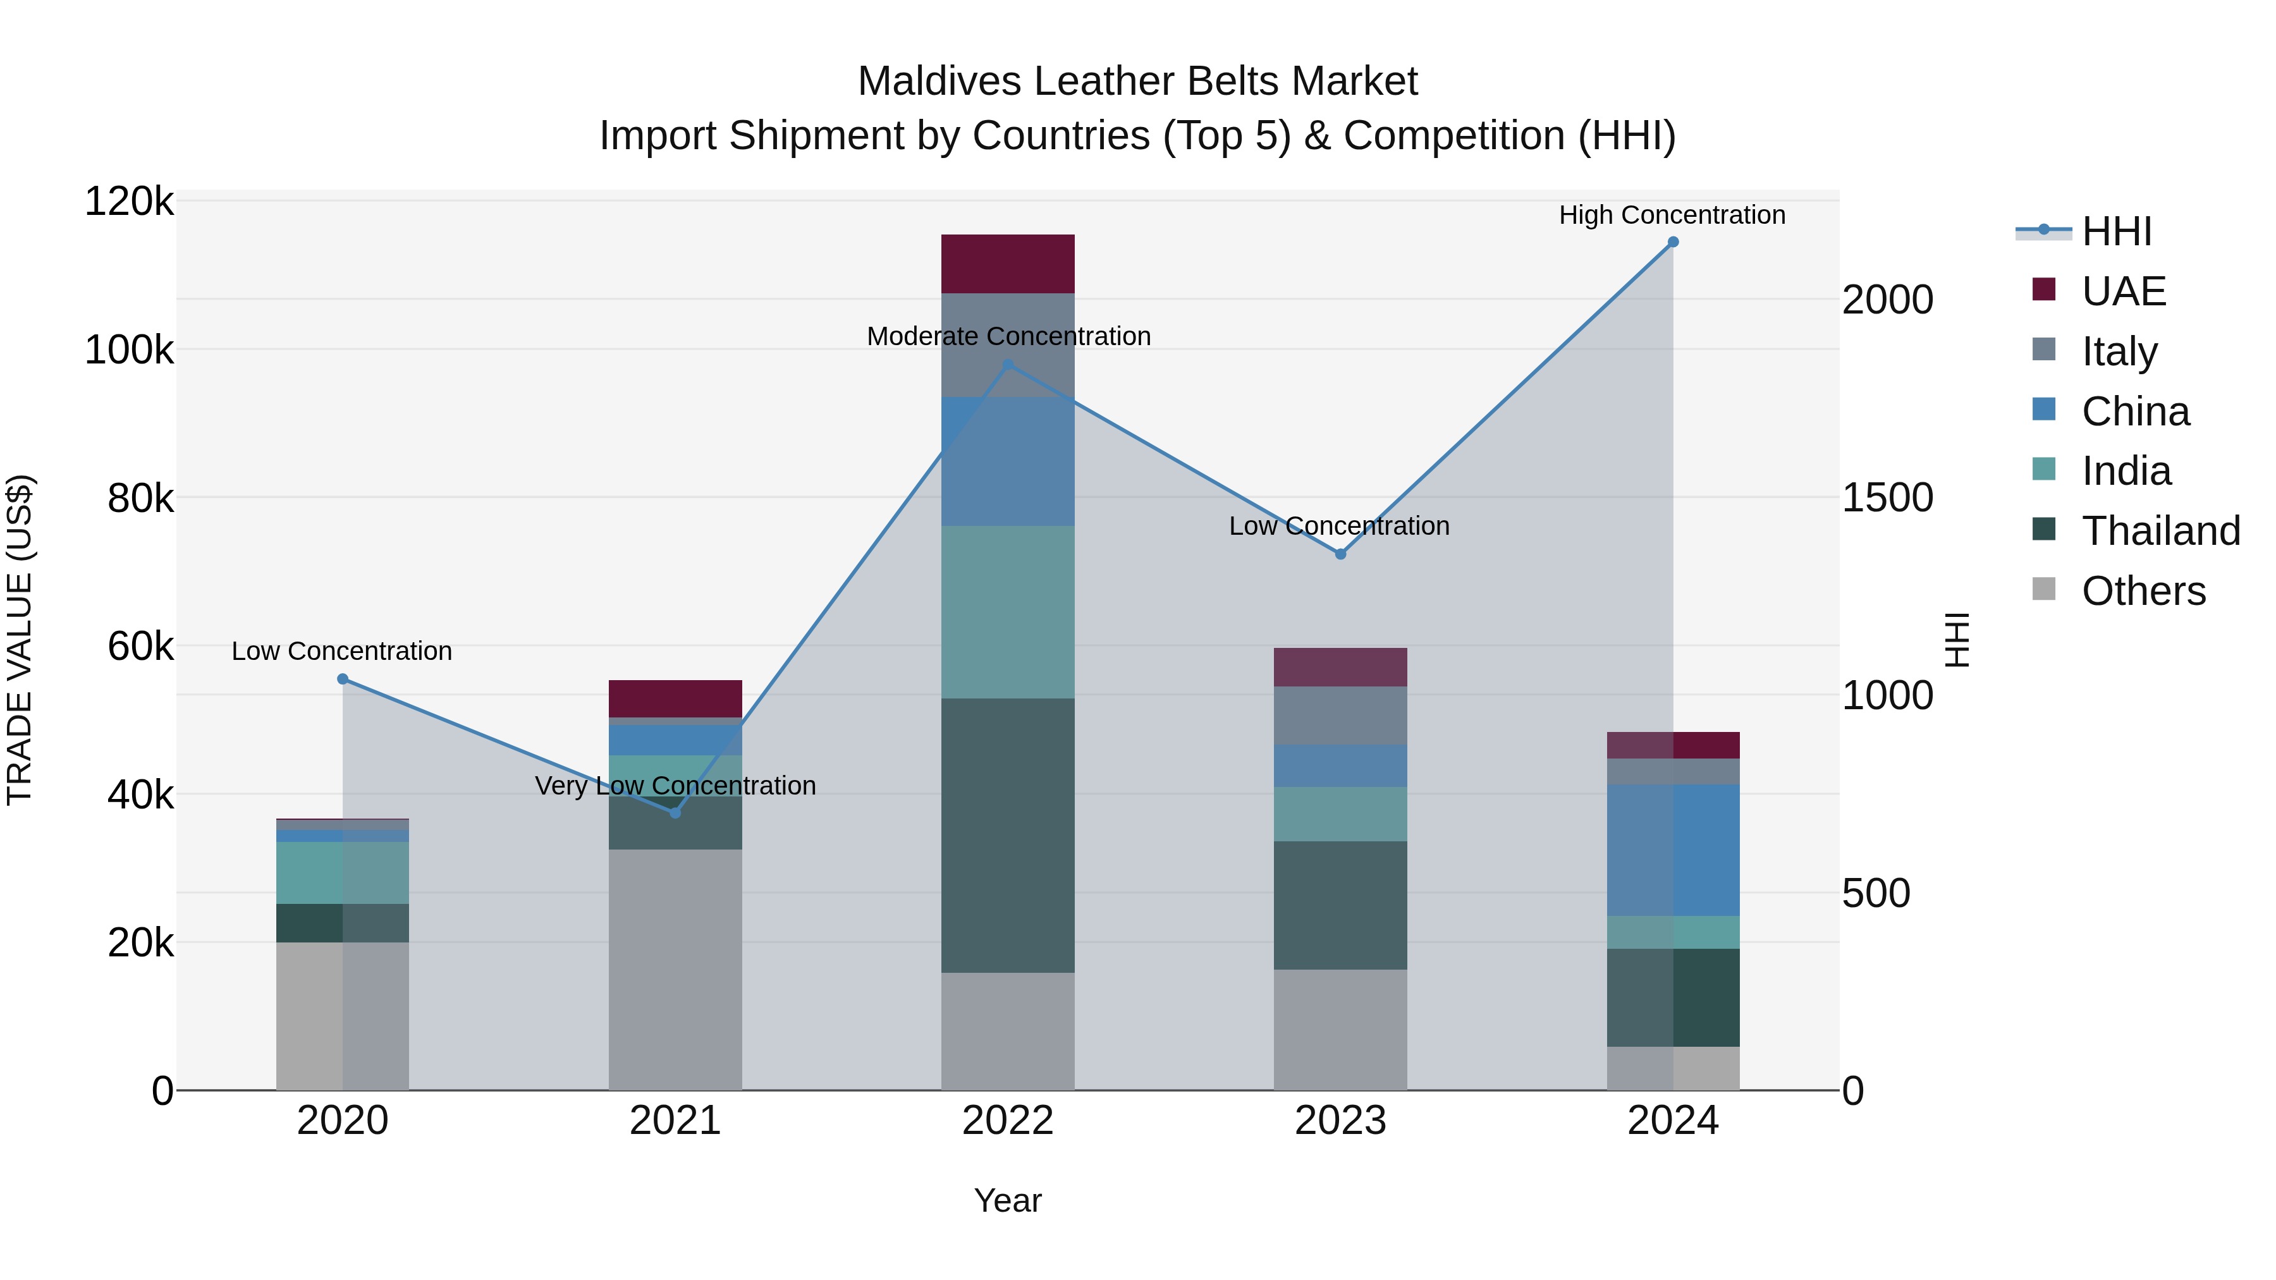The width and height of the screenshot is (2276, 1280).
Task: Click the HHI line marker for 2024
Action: (x=1672, y=242)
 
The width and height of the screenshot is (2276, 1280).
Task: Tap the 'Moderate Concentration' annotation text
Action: (x=1008, y=336)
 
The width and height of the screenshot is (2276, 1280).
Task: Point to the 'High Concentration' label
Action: (x=1672, y=216)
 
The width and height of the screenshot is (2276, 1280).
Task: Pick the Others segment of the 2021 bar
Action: (x=675, y=969)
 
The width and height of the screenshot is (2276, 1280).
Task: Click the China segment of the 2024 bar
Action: (x=1672, y=850)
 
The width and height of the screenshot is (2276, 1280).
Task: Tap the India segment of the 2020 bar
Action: (x=342, y=873)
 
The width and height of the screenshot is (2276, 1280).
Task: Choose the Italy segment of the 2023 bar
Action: (x=1340, y=716)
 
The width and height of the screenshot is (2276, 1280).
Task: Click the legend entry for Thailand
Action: (x=2160, y=531)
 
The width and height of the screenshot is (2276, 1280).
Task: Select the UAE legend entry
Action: (x=2123, y=291)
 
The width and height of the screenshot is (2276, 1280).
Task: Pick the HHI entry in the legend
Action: (x=2116, y=231)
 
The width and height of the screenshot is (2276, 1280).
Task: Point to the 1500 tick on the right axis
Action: (x=1887, y=498)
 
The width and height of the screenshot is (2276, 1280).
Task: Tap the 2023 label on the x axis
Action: (x=1340, y=1121)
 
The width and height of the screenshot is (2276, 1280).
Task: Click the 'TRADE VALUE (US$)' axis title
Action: (x=20, y=640)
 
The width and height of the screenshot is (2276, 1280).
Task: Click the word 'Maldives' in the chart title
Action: (x=938, y=82)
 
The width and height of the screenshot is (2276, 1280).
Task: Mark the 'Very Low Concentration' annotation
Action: (x=675, y=785)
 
